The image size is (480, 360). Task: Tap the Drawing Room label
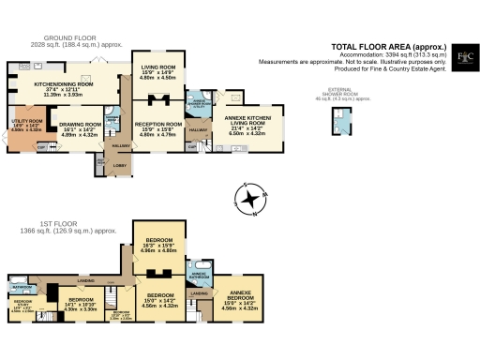tap(81, 124)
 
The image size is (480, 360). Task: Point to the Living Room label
tap(157, 67)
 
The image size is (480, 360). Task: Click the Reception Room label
tap(158, 124)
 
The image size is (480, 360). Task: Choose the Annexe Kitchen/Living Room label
tap(247, 119)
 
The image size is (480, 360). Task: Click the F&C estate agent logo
tap(463, 58)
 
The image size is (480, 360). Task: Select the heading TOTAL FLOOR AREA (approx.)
tap(389, 46)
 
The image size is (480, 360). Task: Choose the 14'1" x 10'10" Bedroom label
tap(81, 300)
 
